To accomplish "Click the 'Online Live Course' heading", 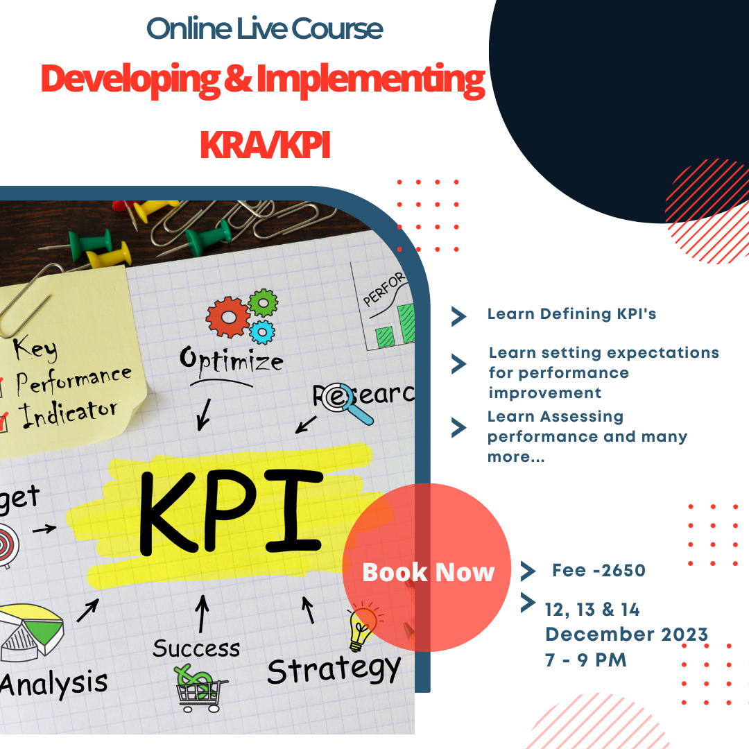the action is coord(264,28).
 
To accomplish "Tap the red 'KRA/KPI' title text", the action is coord(265,145).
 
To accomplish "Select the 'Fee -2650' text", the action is coord(599,570).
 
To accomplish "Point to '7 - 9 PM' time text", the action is coord(585,660).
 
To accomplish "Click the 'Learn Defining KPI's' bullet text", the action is coord(571,314).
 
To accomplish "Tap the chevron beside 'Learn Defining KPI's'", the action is coord(458,316).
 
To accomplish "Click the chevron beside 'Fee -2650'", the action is coord(528,571).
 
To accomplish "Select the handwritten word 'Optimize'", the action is coord(231,360).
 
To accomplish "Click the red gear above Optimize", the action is coord(228,317).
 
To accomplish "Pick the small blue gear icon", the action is coord(262,332).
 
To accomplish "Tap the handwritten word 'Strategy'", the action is coord(334,670).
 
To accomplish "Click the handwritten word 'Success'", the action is coord(196,648).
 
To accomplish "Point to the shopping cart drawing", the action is coord(199,689).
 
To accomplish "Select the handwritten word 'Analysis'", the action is coord(53,684).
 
